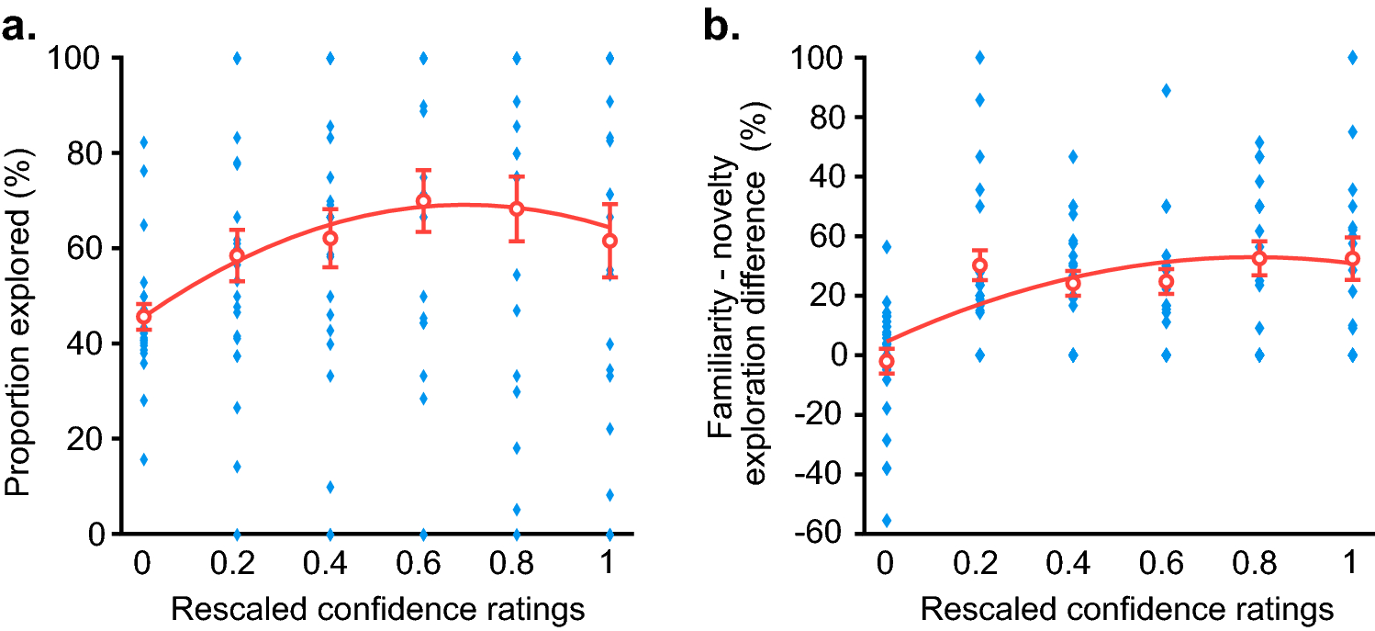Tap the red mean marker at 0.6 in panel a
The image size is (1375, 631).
click(x=423, y=201)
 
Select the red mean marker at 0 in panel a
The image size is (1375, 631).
click(x=143, y=317)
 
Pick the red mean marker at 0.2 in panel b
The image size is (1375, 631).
click(x=979, y=265)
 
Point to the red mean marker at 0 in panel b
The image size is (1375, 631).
click(x=886, y=361)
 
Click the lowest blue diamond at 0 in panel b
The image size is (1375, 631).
click(x=886, y=520)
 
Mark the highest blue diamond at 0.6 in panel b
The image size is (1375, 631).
click(x=1166, y=90)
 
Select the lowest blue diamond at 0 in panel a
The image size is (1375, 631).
click(x=143, y=459)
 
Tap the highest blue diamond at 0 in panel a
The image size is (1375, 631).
click(x=143, y=141)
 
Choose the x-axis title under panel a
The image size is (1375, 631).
click(x=377, y=609)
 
